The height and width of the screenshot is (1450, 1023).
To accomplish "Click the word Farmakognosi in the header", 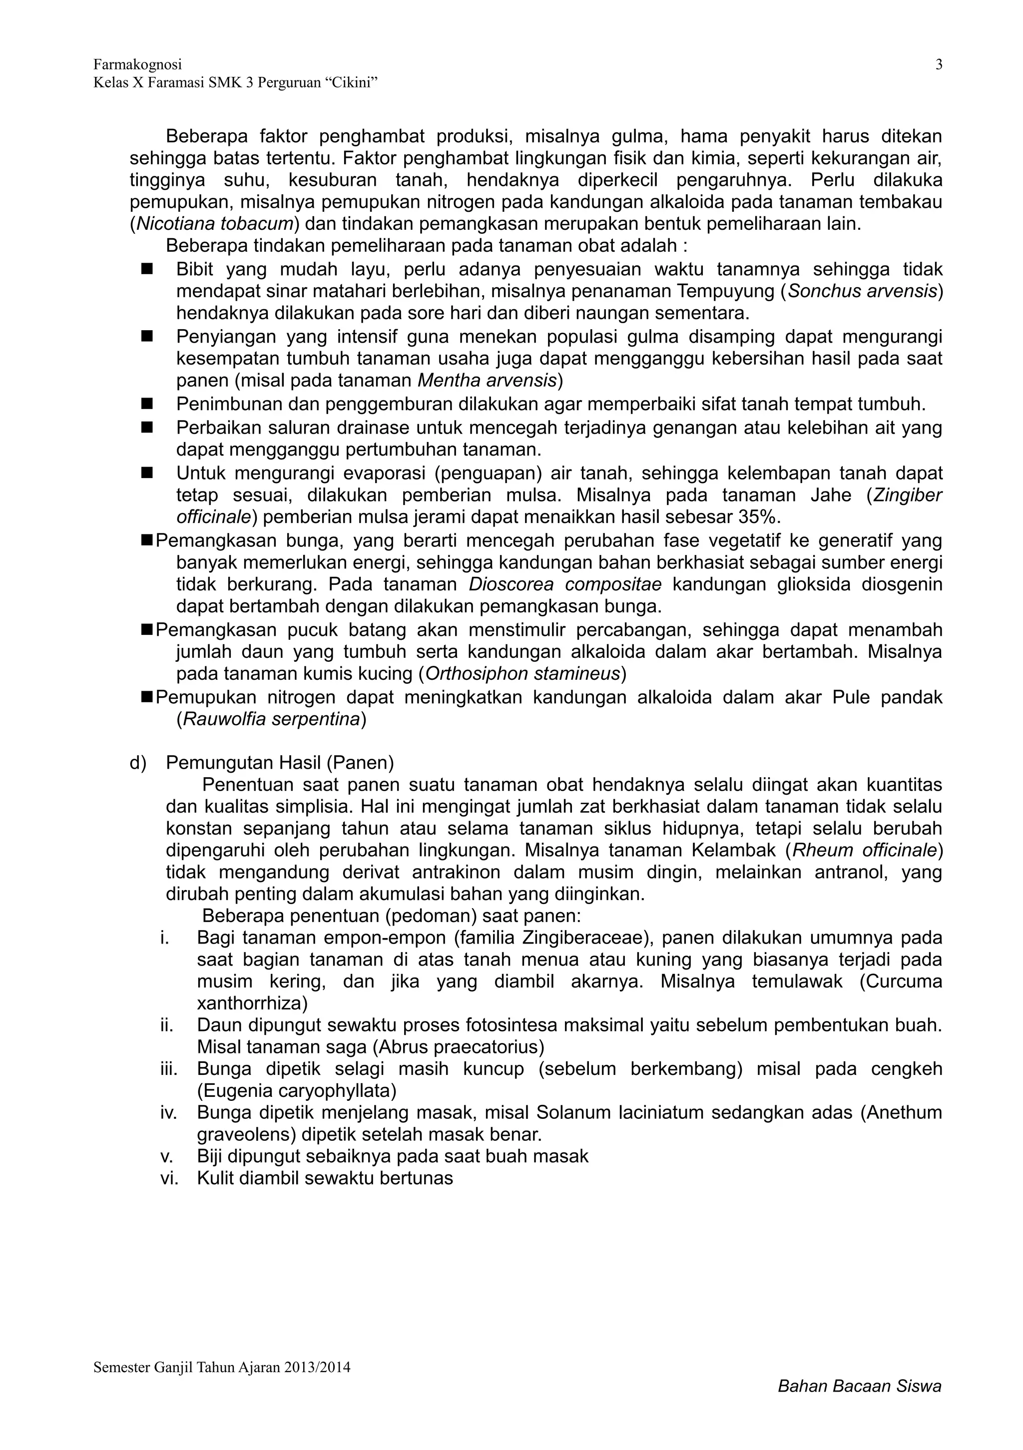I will [x=138, y=64].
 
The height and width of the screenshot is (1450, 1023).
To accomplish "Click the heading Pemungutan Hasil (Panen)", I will [x=280, y=763].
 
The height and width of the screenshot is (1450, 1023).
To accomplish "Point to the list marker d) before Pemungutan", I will [x=138, y=763].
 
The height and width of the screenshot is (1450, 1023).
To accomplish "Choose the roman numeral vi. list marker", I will [x=169, y=1178].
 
